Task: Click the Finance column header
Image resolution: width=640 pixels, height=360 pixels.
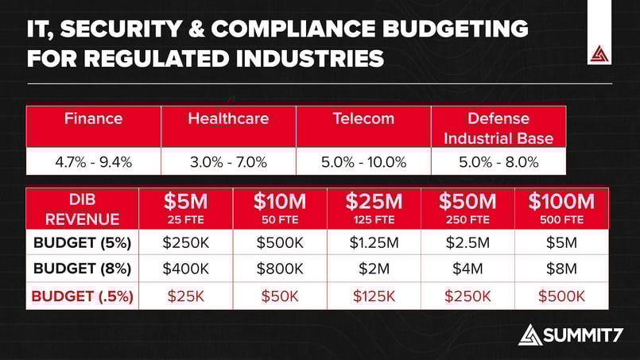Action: click(x=93, y=119)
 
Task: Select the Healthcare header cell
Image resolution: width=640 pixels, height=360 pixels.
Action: click(x=228, y=119)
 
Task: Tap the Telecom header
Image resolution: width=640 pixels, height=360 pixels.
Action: click(x=363, y=119)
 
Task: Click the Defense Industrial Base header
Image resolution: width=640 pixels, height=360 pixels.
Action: click(x=498, y=128)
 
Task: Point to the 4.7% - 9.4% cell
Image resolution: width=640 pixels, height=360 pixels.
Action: click(x=93, y=162)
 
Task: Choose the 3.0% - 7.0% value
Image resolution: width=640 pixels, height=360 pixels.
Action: click(x=228, y=162)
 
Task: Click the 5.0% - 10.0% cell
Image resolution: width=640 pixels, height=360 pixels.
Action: click(x=363, y=162)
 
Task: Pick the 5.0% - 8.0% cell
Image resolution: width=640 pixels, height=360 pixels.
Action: click(x=498, y=162)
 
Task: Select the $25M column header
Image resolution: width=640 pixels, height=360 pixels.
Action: click(x=374, y=208)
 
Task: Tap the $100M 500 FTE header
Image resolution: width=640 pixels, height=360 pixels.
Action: click(x=561, y=208)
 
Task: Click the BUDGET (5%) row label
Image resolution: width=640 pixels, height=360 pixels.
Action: click(x=83, y=242)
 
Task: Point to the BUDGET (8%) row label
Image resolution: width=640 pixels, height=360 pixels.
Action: click(x=83, y=269)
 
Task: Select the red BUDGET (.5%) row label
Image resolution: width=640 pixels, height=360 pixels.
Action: click(x=83, y=296)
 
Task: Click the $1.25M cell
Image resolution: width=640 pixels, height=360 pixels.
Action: click(x=374, y=242)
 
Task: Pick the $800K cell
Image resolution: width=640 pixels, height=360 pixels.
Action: click(x=280, y=269)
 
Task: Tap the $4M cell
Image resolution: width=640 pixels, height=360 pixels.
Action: click(x=467, y=269)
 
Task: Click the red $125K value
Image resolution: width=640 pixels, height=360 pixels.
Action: click(x=374, y=296)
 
